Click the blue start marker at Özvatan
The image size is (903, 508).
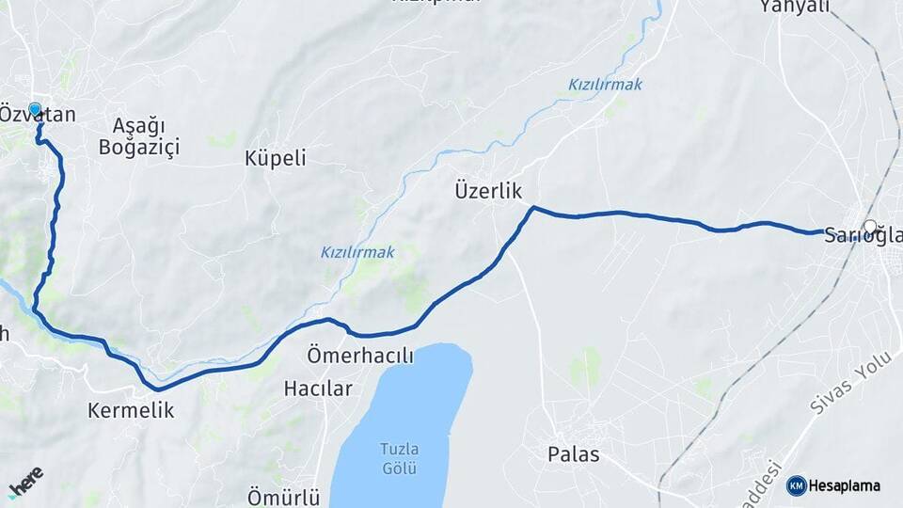point(35,109)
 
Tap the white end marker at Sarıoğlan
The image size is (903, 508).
point(870,226)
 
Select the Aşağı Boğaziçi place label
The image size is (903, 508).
point(139,135)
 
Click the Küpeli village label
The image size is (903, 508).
point(276,157)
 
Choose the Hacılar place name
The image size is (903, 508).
point(318,388)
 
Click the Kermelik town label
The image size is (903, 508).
point(131,410)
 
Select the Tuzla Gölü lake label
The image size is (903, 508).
point(400,457)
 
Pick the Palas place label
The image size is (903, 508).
point(574,454)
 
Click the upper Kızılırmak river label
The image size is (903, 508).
point(605,85)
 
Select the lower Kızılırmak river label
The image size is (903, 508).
point(357,252)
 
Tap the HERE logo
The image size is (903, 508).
point(25,483)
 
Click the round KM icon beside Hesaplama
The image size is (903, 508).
point(796,485)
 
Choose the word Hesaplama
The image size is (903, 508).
point(844,485)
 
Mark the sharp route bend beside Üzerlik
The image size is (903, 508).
point(532,208)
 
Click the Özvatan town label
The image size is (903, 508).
point(38,116)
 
